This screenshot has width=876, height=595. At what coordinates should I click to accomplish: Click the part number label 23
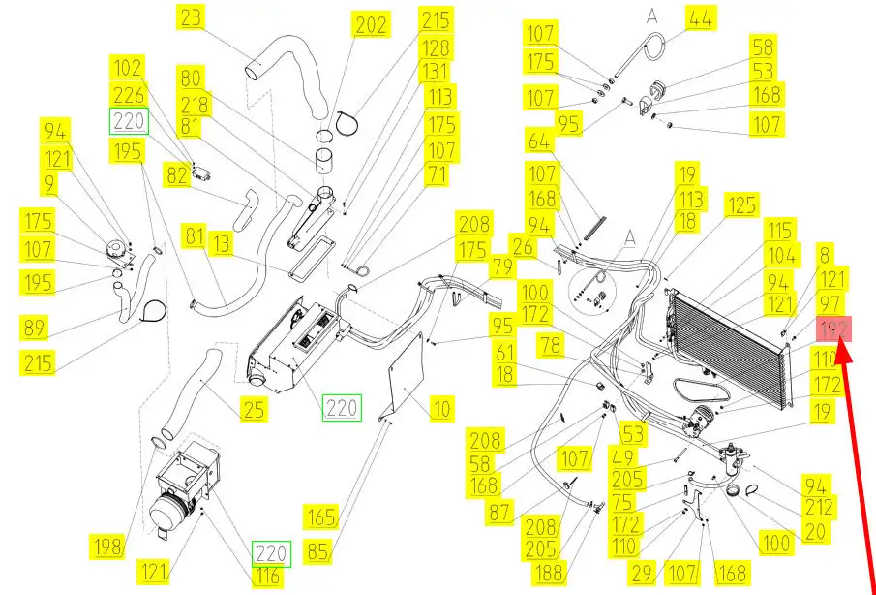191,17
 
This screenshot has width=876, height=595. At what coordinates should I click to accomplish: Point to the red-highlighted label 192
833,331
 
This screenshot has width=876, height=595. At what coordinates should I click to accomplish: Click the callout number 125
742,205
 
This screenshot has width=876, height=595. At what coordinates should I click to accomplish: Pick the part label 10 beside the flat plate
441,409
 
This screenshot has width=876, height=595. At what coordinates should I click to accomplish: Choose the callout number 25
254,409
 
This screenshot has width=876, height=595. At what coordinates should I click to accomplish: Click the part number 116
268,578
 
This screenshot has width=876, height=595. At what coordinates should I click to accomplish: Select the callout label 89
35,328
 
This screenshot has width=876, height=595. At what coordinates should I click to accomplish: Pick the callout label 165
320,515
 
